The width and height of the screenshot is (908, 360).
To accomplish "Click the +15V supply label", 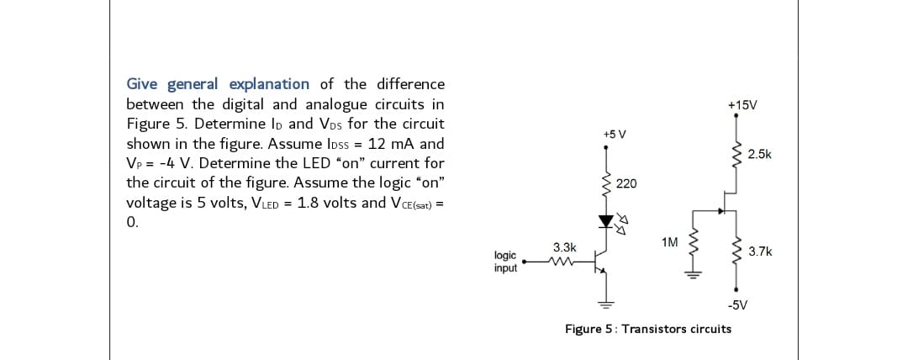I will click(x=742, y=105).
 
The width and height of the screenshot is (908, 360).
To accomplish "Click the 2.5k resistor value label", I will click(x=760, y=154).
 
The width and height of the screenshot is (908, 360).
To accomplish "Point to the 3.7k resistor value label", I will click(x=760, y=251).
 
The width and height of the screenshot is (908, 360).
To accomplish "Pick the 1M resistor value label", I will click(x=670, y=242).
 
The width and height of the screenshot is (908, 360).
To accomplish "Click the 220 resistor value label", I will click(x=626, y=183).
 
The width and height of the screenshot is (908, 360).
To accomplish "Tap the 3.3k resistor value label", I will click(x=564, y=247).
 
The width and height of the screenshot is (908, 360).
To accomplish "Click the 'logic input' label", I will click(x=505, y=262).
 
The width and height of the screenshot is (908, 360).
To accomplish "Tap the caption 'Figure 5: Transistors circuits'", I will click(x=647, y=329).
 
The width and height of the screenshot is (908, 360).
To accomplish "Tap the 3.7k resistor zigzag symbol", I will click(x=738, y=251).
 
